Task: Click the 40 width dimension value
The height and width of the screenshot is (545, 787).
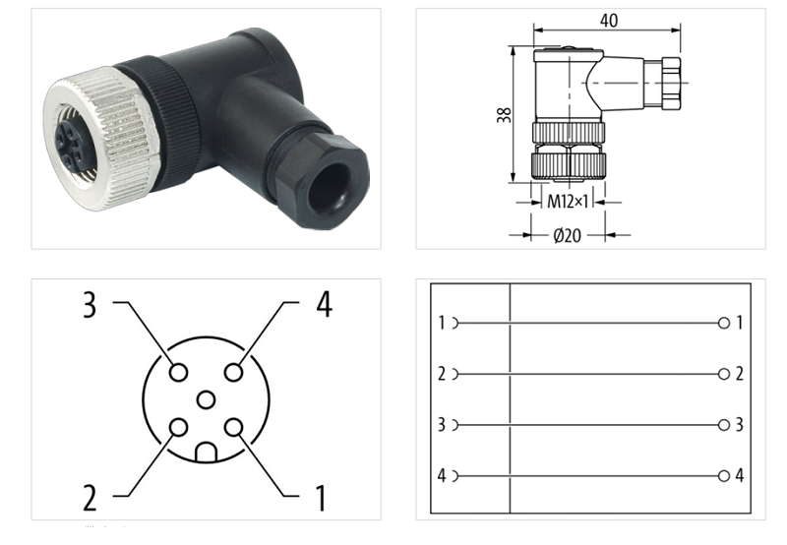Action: click(x=609, y=21)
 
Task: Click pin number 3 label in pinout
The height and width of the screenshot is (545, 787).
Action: click(x=90, y=306)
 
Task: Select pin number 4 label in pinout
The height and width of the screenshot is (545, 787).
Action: click(x=323, y=306)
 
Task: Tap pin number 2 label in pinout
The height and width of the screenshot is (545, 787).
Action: click(x=90, y=498)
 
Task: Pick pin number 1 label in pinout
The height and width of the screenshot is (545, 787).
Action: click(x=320, y=498)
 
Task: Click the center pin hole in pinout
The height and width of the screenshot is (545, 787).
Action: click(x=206, y=399)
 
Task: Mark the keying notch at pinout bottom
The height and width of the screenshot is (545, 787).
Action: click(x=206, y=454)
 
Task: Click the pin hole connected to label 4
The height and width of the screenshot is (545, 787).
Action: click(x=233, y=372)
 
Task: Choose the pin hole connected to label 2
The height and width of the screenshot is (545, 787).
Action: click(x=178, y=427)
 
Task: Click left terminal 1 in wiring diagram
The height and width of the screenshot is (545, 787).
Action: click(x=444, y=323)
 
